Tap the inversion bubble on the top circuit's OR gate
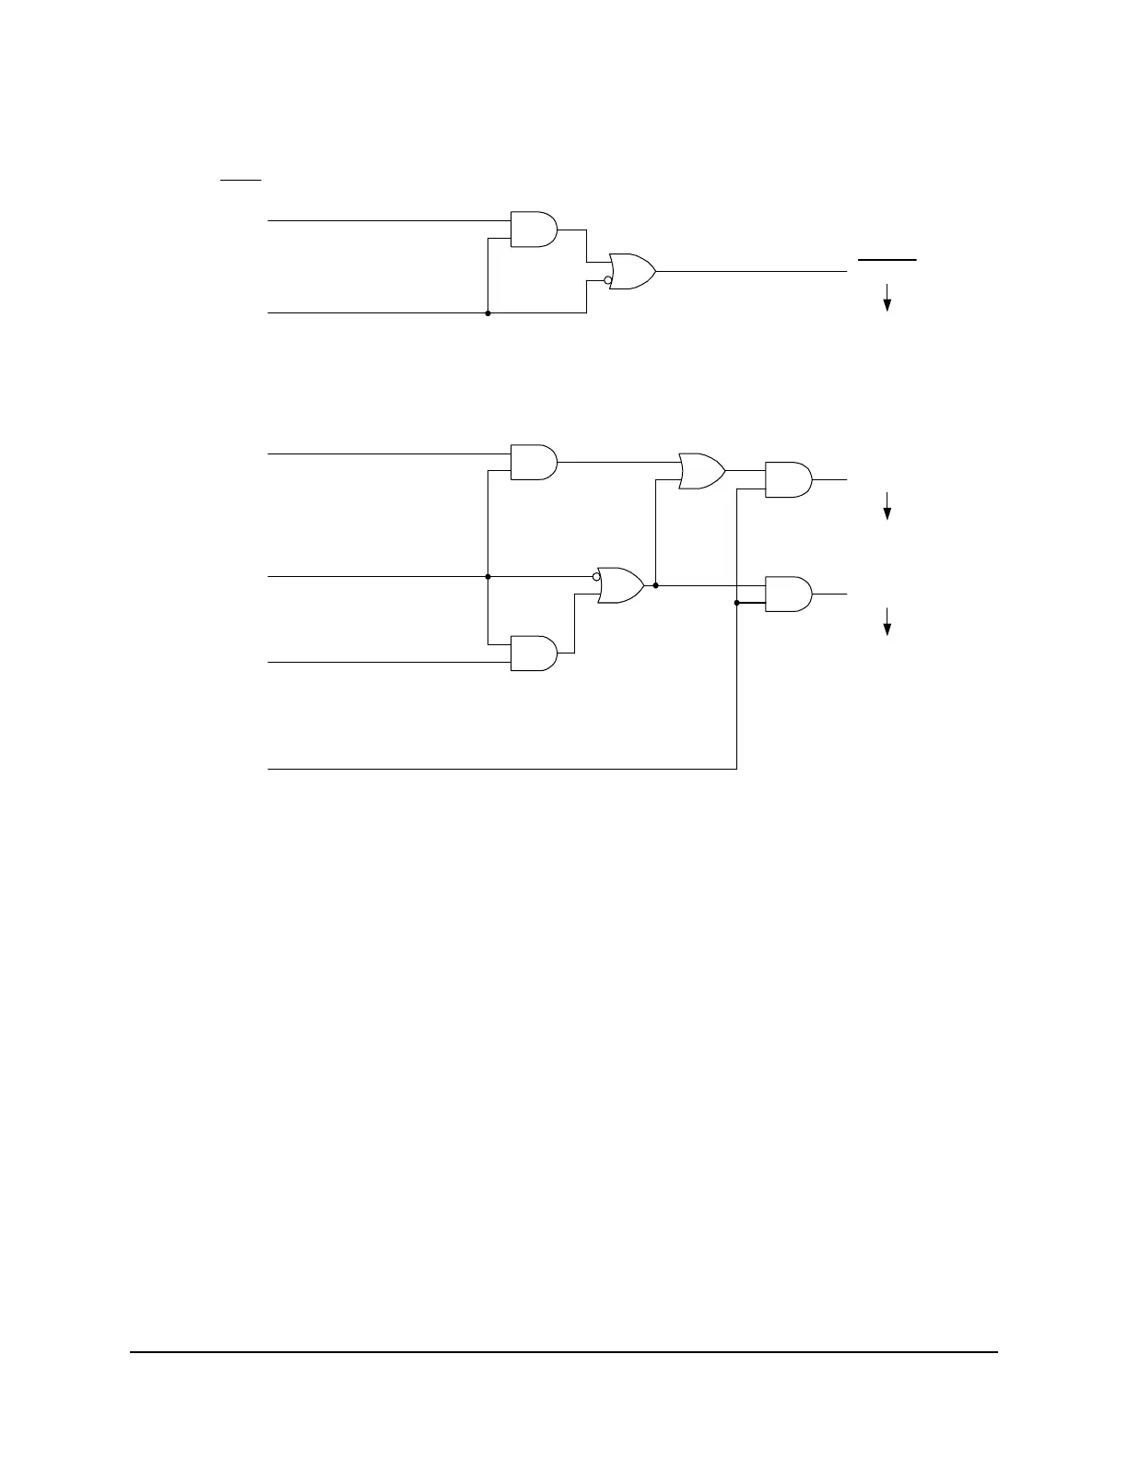(x=607, y=280)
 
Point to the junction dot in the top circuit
(x=488, y=313)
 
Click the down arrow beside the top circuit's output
(x=887, y=298)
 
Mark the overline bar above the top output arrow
(x=887, y=261)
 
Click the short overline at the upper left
(x=241, y=180)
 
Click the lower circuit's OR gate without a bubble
(x=701, y=470)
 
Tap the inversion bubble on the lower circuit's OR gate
(x=596, y=577)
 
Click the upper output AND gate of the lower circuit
(x=789, y=479)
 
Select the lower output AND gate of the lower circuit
(x=789, y=595)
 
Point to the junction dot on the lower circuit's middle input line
(x=488, y=577)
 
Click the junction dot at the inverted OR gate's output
(x=655, y=585)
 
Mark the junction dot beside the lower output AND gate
(x=736, y=604)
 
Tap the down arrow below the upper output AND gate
(x=887, y=506)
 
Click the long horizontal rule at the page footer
(x=564, y=1353)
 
